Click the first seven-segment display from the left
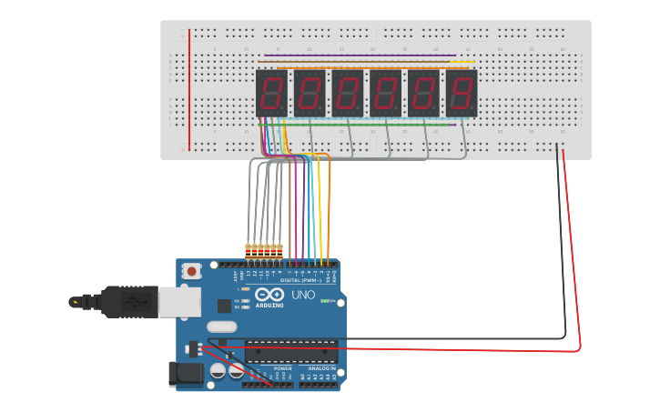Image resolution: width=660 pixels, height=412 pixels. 271,93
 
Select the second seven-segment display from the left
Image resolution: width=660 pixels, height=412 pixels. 310,93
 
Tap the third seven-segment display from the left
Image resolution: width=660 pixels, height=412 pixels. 347,93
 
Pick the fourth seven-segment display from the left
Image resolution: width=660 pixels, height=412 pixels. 385,93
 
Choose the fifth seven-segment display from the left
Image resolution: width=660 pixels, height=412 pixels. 423,93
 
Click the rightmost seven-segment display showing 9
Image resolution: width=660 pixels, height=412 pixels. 462,93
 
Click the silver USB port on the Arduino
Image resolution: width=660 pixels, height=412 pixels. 179,301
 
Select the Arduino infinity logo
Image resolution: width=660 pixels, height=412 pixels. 269,295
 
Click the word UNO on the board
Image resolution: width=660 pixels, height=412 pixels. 303,295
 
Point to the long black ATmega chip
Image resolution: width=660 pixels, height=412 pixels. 291,351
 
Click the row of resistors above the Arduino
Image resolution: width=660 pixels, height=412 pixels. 264,248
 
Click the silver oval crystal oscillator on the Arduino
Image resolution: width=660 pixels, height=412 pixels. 221,327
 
